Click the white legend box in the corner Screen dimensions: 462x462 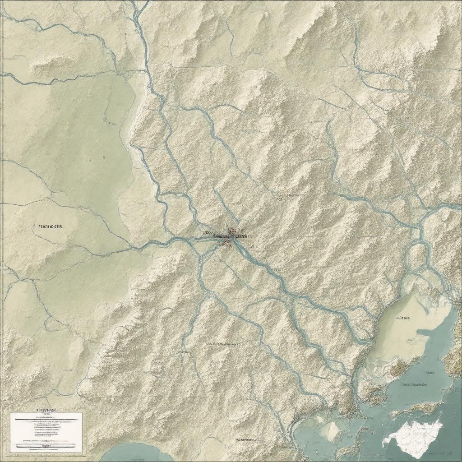pos(46,432)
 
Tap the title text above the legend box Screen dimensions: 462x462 pos(46,410)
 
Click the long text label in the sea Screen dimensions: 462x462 pos(414,384)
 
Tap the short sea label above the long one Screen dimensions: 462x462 pos(430,373)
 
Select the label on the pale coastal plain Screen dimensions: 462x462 pos(403,318)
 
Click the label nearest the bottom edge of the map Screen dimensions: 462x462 pos(247,439)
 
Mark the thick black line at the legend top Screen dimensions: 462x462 pos(46,419)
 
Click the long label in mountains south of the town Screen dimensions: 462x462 pos(225,344)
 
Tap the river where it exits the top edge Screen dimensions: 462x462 pos(140,4)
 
